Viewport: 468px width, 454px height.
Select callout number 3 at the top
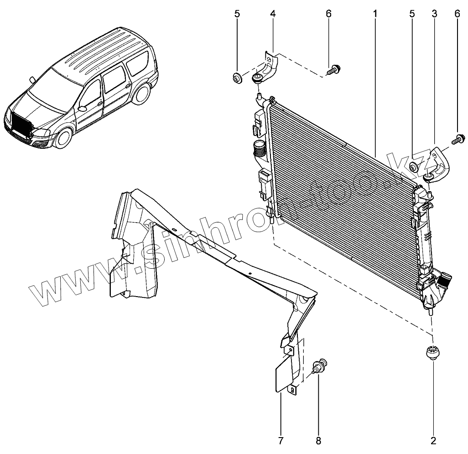click(434, 14)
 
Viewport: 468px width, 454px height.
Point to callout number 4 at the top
click(273, 14)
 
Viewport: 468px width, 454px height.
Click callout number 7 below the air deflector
click(281, 440)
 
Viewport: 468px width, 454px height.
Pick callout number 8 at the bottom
click(318, 440)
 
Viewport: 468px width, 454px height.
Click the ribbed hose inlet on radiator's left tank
click(259, 149)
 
